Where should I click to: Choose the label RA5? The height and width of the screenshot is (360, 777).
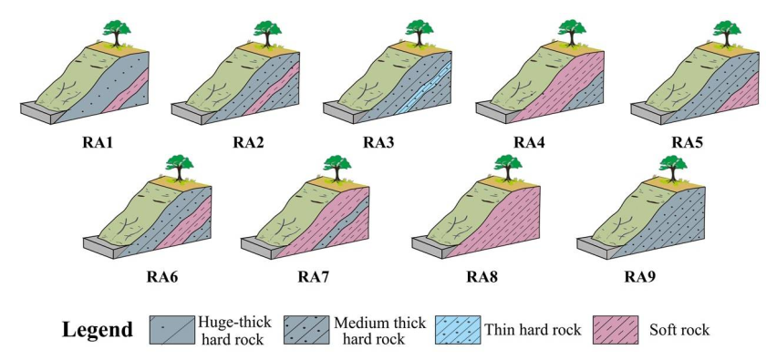(x=688, y=142)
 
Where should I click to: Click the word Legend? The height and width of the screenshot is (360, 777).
(x=98, y=329)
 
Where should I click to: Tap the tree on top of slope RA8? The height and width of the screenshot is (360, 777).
(x=506, y=167)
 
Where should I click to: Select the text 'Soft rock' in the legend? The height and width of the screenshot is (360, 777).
(x=679, y=330)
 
